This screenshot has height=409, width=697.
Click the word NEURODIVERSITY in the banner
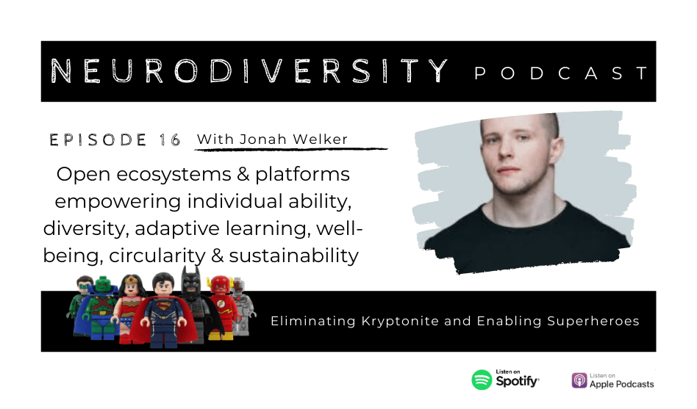point(249,70)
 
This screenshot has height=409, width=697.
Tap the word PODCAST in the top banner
point(561,73)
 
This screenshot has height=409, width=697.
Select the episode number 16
point(170,140)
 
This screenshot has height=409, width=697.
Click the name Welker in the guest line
point(320,139)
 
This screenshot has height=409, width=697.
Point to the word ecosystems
point(174,175)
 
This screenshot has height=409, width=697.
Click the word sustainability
point(293,256)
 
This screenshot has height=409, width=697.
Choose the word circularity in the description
point(157,256)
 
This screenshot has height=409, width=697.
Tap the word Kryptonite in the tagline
point(400,321)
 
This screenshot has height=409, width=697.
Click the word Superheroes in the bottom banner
point(593,321)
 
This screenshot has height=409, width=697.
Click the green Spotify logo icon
point(482,380)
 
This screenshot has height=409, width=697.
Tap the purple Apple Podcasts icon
point(579,380)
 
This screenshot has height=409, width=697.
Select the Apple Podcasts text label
point(621,384)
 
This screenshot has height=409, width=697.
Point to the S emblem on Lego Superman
point(162,306)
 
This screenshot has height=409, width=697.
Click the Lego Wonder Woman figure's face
point(132,288)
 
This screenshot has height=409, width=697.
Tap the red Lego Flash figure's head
point(219,285)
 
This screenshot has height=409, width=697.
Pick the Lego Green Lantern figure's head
point(85,283)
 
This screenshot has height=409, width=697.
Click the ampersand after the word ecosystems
point(243,174)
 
